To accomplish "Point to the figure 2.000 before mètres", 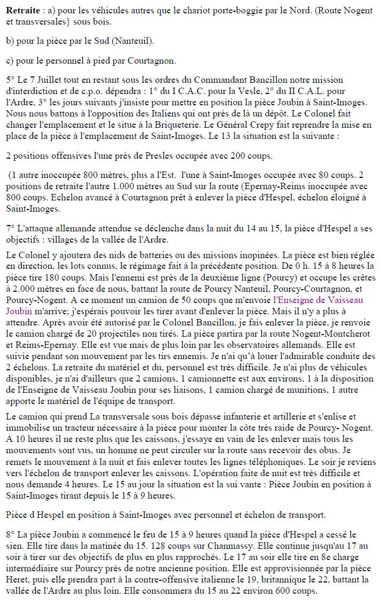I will point(19,290).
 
